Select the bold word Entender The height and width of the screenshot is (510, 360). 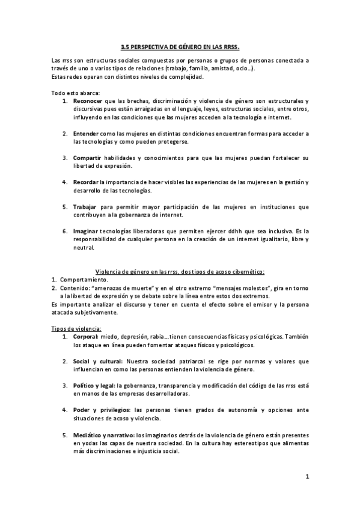87,133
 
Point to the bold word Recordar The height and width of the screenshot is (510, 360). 87,182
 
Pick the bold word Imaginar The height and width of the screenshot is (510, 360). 87,231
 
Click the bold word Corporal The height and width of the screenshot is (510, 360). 86,337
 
